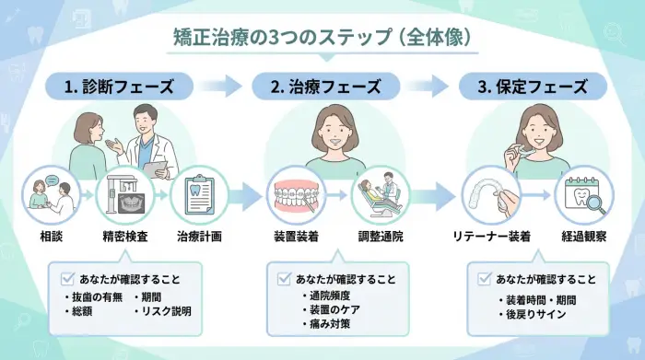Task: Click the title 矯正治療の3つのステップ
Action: [x=323, y=38]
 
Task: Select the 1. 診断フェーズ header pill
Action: [x=119, y=87]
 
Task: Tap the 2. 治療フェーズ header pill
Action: [x=325, y=87]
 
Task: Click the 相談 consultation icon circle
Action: [x=46, y=194]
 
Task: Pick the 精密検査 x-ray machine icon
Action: [x=122, y=194]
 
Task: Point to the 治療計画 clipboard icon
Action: [x=198, y=194]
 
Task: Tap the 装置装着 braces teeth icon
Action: [x=297, y=195]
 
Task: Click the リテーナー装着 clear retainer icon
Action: [x=492, y=195]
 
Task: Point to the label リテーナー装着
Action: [x=492, y=237]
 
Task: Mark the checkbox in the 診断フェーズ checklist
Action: [x=65, y=278]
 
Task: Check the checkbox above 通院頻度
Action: [x=283, y=278]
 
